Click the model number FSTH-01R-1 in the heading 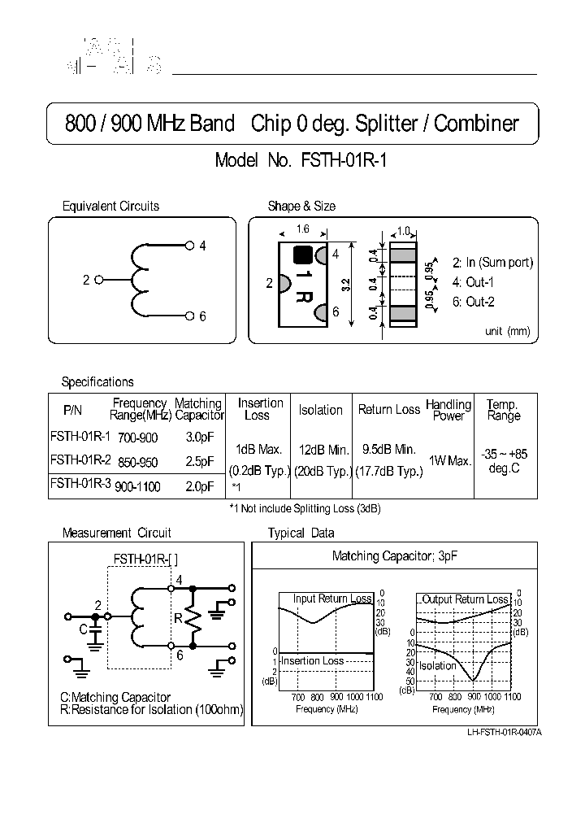click(x=345, y=160)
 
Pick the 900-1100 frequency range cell click(x=137, y=486)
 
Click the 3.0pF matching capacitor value click(x=198, y=437)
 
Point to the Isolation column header click(x=321, y=410)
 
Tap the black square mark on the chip click(x=302, y=254)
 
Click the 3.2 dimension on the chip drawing click(x=345, y=285)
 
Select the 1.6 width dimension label click(x=302, y=230)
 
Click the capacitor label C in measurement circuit click(x=83, y=629)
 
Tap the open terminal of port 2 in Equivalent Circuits click(x=99, y=280)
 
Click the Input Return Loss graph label click(x=332, y=599)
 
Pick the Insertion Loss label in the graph click(x=312, y=661)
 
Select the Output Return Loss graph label click(x=465, y=599)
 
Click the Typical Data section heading click(x=301, y=533)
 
